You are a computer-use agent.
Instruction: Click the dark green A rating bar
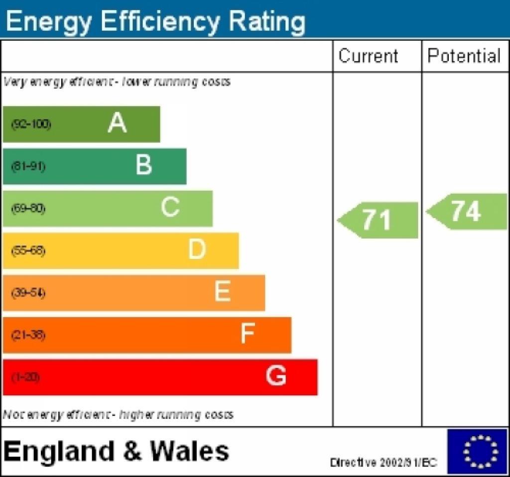(81, 124)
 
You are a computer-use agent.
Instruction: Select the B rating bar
(95, 166)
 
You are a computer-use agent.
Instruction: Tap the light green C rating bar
(108, 208)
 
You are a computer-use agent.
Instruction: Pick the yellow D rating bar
(121, 250)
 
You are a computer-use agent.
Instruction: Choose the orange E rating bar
(133, 293)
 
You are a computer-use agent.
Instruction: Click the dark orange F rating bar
(147, 335)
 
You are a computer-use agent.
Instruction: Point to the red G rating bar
(160, 377)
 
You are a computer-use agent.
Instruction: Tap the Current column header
(369, 56)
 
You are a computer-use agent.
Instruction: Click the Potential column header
(464, 56)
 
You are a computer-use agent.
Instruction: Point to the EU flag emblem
(477, 451)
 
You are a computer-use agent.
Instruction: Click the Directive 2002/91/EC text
(383, 463)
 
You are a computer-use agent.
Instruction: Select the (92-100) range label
(31, 124)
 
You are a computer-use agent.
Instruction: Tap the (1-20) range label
(25, 377)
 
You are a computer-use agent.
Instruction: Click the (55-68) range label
(28, 250)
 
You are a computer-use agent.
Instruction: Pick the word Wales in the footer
(190, 452)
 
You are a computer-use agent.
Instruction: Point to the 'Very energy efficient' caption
(117, 82)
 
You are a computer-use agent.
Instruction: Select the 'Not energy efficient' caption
(118, 414)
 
